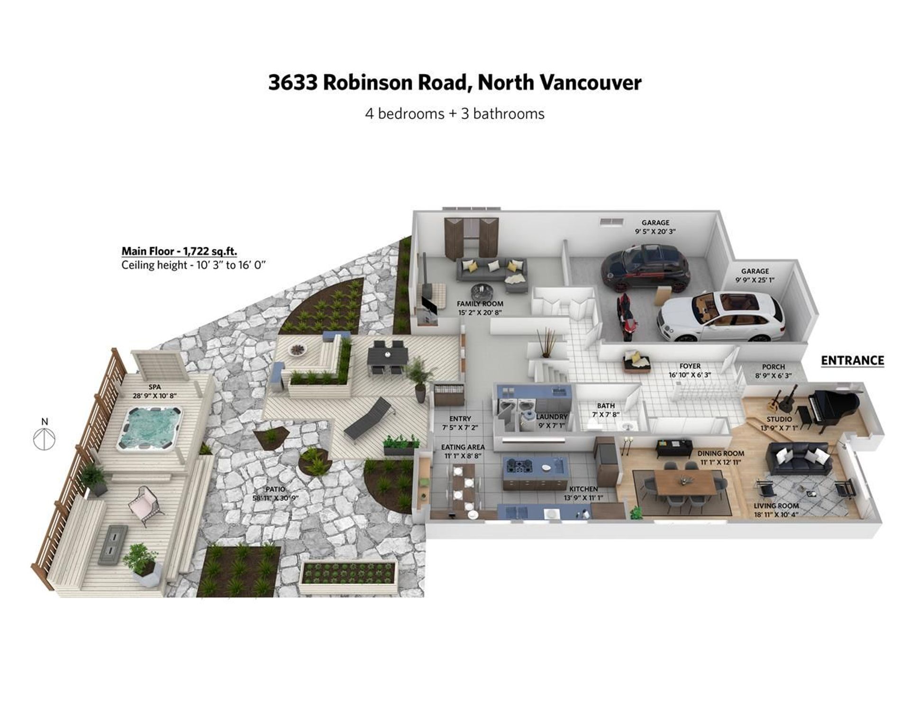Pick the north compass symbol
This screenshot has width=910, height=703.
[45, 438]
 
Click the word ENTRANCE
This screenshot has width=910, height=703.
[852, 361]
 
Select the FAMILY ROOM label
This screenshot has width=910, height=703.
[480, 304]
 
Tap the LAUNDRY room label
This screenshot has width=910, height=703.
[551, 416]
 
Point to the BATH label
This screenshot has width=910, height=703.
[606, 406]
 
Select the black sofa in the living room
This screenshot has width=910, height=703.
[799, 458]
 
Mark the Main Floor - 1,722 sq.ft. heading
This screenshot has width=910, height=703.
[179, 251]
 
